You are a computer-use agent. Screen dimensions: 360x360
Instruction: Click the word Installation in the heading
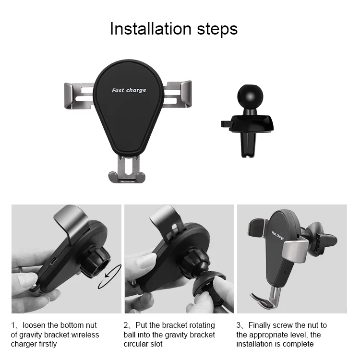pyautogui.click(x=151, y=29)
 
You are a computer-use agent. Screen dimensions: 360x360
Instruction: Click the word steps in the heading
pyautogui.click(x=217, y=30)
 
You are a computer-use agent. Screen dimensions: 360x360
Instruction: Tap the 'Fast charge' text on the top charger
pyautogui.click(x=129, y=90)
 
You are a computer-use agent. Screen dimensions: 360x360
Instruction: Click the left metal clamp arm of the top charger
pyautogui.click(x=79, y=96)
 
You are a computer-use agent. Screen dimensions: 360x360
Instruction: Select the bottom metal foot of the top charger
pyautogui.click(x=127, y=169)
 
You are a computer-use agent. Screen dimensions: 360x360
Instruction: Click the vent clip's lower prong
pyautogui.click(x=248, y=144)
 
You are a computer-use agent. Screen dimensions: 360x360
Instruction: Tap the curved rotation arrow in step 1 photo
pyautogui.click(x=109, y=276)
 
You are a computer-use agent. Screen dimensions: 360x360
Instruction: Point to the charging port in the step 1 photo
pyautogui.click(x=53, y=261)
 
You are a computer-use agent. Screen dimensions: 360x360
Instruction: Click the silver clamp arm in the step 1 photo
pyautogui.click(x=72, y=223)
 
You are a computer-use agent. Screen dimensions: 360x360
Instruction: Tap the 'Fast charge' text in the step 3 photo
pyautogui.click(x=277, y=235)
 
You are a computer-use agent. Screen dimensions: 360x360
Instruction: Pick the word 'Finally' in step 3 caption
pyautogui.click(x=260, y=325)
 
